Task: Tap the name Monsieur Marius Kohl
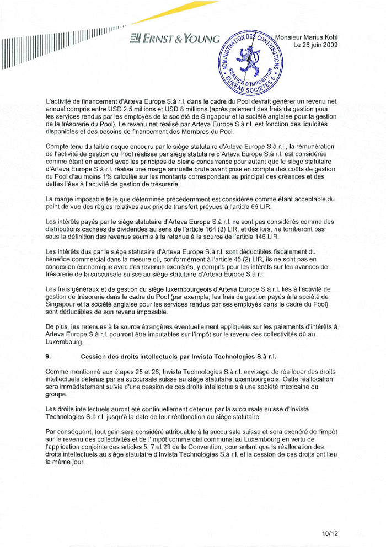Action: [x=307, y=37]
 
